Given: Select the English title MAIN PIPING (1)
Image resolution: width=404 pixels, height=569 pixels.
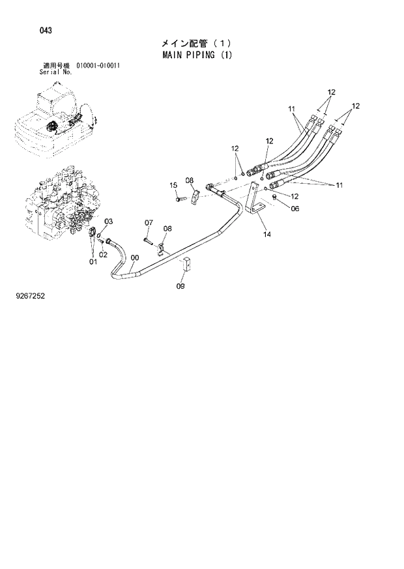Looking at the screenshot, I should (x=197, y=55).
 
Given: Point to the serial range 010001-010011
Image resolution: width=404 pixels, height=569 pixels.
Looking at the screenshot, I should (x=98, y=66).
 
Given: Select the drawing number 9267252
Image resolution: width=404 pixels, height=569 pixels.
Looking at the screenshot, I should (x=31, y=297).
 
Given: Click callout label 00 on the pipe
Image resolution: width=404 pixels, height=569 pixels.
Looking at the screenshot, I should (x=134, y=257).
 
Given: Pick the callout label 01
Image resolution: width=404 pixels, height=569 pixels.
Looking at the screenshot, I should (x=93, y=262).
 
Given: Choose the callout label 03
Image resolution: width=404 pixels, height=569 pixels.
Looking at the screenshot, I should (x=109, y=222).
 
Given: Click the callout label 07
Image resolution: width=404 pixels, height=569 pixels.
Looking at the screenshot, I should (x=148, y=224).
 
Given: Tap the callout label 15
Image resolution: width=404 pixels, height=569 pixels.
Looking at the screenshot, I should (x=174, y=186).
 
